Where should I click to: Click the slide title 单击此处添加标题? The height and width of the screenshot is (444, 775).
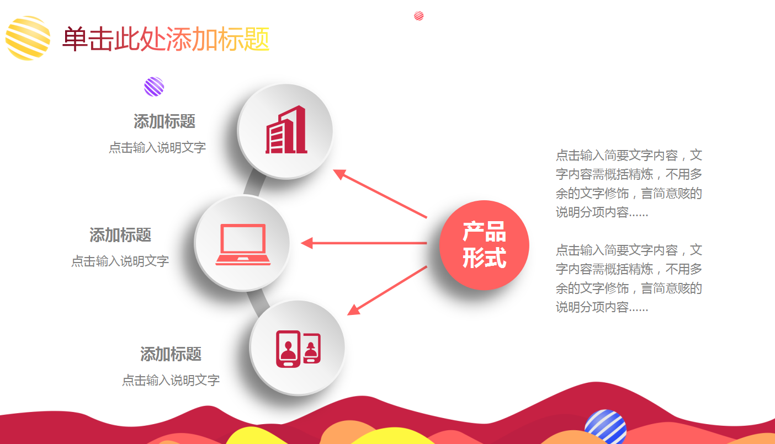(166, 39)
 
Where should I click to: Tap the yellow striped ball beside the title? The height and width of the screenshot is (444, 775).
(28, 38)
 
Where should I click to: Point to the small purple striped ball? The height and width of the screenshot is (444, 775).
(154, 87)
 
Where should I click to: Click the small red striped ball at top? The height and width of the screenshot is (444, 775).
(419, 15)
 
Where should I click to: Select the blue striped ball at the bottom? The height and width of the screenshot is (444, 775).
(606, 427)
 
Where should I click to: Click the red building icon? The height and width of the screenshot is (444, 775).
(286, 130)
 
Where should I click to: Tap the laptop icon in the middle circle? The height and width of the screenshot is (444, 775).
(243, 244)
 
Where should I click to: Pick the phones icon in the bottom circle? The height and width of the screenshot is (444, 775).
(298, 349)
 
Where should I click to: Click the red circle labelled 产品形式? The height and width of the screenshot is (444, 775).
(484, 245)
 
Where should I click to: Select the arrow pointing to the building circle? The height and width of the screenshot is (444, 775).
(380, 194)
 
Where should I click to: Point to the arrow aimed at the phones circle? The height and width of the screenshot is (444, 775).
(387, 291)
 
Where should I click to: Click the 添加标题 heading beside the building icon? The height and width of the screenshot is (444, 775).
(164, 121)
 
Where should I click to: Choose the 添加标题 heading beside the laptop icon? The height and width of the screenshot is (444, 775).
(120, 235)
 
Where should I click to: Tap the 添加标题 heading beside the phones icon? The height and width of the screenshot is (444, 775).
(171, 354)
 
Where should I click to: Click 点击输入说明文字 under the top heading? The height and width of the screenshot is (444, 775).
(157, 147)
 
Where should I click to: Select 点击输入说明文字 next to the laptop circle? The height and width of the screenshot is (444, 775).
(120, 261)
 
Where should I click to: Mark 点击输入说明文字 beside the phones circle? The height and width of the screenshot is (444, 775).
(171, 380)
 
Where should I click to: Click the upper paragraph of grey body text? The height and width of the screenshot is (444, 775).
(629, 184)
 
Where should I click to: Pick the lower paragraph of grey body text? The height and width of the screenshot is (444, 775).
(629, 279)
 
